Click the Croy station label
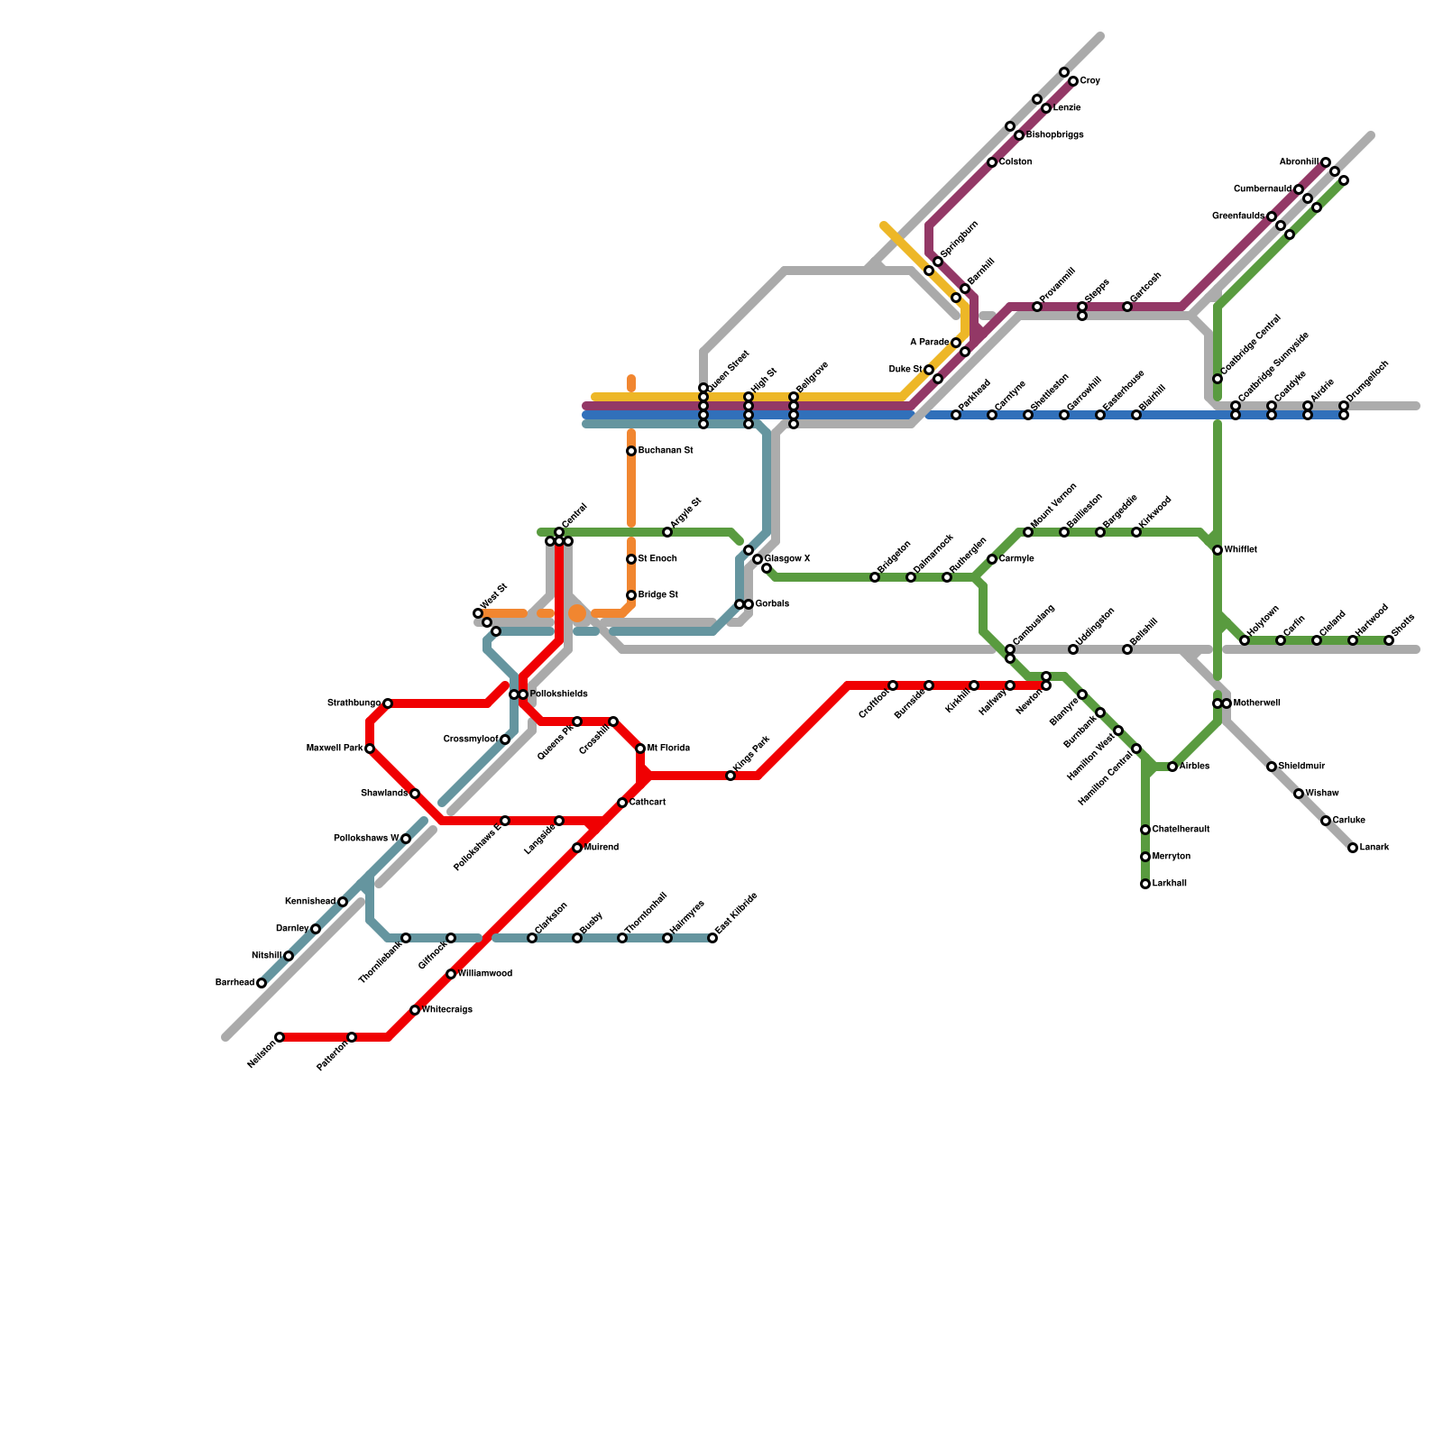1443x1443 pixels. pyautogui.click(x=1089, y=81)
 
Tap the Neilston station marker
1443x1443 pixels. pyautogui.click(x=280, y=1037)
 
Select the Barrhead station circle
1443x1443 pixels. pyautogui.click(x=262, y=983)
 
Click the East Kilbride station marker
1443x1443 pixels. pyautogui.click(x=712, y=938)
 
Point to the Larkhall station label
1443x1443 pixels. pyautogui.click(x=1169, y=884)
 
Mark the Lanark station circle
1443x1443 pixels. pyautogui.click(x=1353, y=848)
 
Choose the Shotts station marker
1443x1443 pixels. pyautogui.click(x=1389, y=640)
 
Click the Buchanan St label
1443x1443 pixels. pyautogui.click(x=665, y=451)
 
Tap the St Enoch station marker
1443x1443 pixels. pyautogui.click(x=631, y=559)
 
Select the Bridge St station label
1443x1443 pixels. pyautogui.click(x=657, y=595)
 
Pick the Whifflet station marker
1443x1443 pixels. pyautogui.click(x=1218, y=550)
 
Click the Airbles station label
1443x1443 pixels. pyautogui.click(x=1194, y=767)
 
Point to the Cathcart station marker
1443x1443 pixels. pyautogui.click(x=622, y=803)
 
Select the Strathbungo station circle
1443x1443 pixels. pyautogui.click(x=388, y=703)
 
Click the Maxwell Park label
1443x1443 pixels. pyautogui.click(x=335, y=749)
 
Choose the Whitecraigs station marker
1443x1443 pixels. pyautogui.click(x=415, y=1010)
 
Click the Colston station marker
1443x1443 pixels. pyautogui.click(x=992, y=162)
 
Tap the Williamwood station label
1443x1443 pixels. pyautogui.click(x=484, y=974)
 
